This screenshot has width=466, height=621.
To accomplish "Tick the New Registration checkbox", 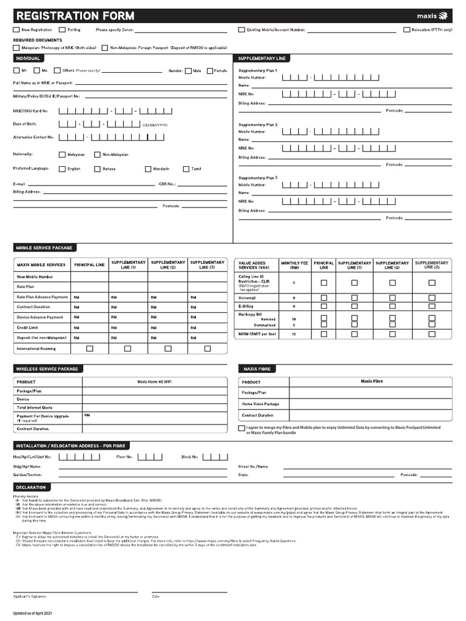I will click(16, 29).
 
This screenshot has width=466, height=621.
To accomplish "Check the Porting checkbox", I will click(61, 29).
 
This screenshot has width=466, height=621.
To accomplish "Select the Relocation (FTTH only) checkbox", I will click(407, 29).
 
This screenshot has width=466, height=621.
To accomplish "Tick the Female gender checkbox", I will click(209, 71).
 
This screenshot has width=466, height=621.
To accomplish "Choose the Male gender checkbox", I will click(188, 71).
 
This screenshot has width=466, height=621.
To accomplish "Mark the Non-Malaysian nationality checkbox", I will click(97, 155).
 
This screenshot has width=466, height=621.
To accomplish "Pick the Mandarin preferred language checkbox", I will click(148, 169).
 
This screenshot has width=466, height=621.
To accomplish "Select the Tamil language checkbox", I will click(186, 169).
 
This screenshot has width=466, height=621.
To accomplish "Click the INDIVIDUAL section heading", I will click(28, 58).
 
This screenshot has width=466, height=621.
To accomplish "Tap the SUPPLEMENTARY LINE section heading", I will click(262, 58).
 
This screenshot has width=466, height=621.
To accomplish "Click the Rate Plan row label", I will click(25, 287).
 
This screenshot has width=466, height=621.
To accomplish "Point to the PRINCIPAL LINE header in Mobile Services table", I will click(89, 265).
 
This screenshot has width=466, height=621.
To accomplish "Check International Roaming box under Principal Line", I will click(90, 349).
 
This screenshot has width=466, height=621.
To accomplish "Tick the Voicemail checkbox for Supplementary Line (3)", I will click(432, 298).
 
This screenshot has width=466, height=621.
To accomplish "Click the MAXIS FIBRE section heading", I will click(257, 369).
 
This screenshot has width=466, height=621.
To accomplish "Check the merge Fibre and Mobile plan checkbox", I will click(241, 428).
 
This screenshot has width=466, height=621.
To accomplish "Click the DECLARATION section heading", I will click(31, 487).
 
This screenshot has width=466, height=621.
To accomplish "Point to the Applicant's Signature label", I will click(30, 596).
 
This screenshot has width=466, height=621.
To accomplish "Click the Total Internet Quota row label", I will click(35, 408).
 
